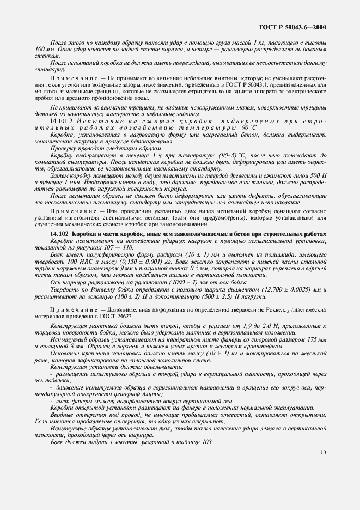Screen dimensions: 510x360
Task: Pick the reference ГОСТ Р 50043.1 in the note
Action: pyautogui.click(x=263, y=85)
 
